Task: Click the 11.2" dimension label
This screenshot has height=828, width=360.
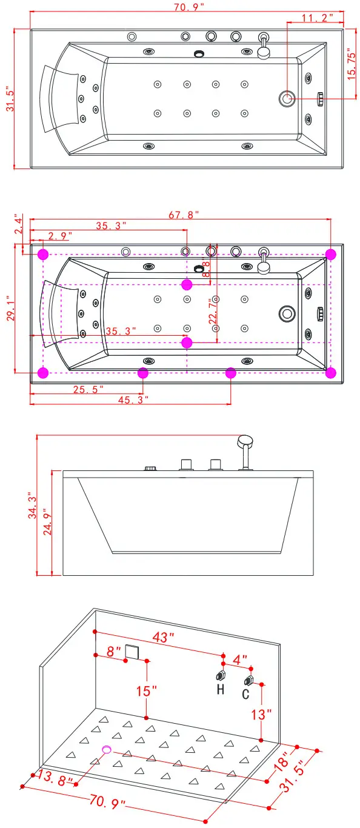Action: click(318, 18)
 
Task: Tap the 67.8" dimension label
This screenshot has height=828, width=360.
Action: click(184, 215)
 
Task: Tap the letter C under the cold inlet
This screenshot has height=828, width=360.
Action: click(245, 694)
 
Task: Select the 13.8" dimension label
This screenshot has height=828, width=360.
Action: click(55, 777)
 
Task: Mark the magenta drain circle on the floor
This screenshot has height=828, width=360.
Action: click(107, 750)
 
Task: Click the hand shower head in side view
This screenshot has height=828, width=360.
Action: click(245, 441)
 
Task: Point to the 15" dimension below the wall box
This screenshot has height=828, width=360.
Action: click(146, 692)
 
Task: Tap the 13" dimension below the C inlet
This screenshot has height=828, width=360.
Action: click(261, 715)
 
